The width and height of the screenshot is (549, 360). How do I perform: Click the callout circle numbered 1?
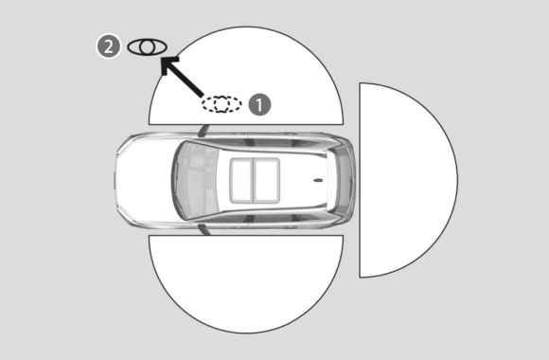[259, 104]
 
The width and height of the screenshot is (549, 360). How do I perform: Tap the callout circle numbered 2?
[109, 46]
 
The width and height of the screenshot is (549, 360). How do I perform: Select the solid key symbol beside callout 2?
[147, 47]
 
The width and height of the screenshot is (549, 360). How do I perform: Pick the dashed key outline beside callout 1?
[221, 104]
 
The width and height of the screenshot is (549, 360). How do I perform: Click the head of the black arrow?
[168, 63]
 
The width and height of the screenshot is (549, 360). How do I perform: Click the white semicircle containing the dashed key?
[246, 76]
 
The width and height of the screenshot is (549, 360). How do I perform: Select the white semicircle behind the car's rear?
[408, 180]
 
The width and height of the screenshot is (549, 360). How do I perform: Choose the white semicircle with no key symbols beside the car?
[246, 284]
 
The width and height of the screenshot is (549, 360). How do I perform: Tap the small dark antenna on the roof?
[318, 181]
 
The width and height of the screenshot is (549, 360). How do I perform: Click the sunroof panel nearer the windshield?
[241, 181]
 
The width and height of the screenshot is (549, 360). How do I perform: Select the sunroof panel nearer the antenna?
[266, 181]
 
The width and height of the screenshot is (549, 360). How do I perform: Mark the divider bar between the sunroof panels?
[253, 181]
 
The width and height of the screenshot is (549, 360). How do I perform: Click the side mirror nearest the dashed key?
[204, 131]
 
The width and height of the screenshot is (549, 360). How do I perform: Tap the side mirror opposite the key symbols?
[204, 229]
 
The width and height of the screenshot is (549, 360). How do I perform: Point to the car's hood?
[146, 181]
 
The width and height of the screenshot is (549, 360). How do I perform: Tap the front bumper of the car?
[117, 181]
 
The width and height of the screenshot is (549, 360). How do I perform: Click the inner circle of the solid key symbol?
[148, 47]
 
